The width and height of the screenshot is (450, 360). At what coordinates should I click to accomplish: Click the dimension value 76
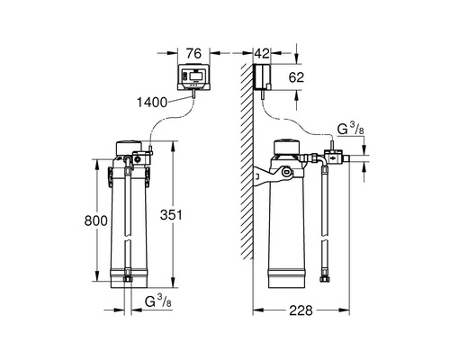tap(193, 54)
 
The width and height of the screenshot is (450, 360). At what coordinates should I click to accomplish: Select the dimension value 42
tap(262, 54)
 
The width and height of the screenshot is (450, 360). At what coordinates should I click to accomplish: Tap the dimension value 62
tap(296, 77)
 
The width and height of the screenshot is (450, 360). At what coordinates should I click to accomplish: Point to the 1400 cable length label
tap(152, 103)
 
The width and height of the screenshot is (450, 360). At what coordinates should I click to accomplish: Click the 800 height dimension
tap(95, 220)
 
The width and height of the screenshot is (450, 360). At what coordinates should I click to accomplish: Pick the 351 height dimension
tap(171, 215)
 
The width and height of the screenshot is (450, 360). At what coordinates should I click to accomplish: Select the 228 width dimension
tap(301, 310)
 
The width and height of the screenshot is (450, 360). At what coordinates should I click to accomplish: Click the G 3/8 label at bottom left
tap(158, 301)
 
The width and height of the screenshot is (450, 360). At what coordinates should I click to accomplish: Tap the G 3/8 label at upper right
tap(351, 129)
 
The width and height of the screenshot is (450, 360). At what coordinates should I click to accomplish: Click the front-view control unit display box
tap(193, 77)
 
